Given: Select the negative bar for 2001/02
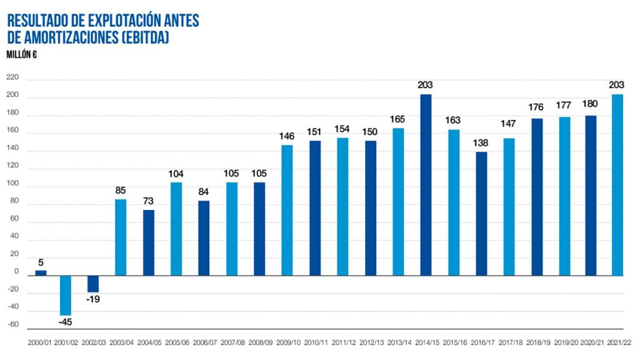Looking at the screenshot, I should coord(65,295).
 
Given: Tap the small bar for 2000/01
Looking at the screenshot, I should coord(41,272).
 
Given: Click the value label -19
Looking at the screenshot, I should coord(92,299).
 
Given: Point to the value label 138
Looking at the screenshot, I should coord(481,142).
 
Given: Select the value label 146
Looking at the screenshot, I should coord(287,136).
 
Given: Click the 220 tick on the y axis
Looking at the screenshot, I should coord(12,78).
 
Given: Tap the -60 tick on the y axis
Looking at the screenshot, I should coord(12,326).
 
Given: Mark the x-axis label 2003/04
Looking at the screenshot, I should coord(121,343).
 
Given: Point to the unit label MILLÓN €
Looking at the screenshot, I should coord(22,54).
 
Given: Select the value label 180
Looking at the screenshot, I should coord(591,104).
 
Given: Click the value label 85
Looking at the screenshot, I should coord(121,190).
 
